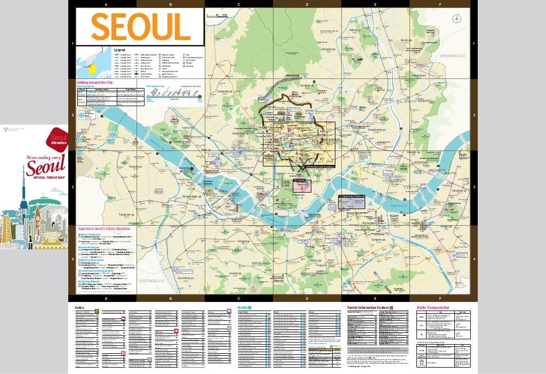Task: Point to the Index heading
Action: (x=80, y=307)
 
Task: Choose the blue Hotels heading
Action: (x=244, y=307)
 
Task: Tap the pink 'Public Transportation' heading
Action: (x=432, y=307)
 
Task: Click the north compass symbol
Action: (x=456, y=19)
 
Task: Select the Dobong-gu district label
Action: (x=356, y=30)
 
